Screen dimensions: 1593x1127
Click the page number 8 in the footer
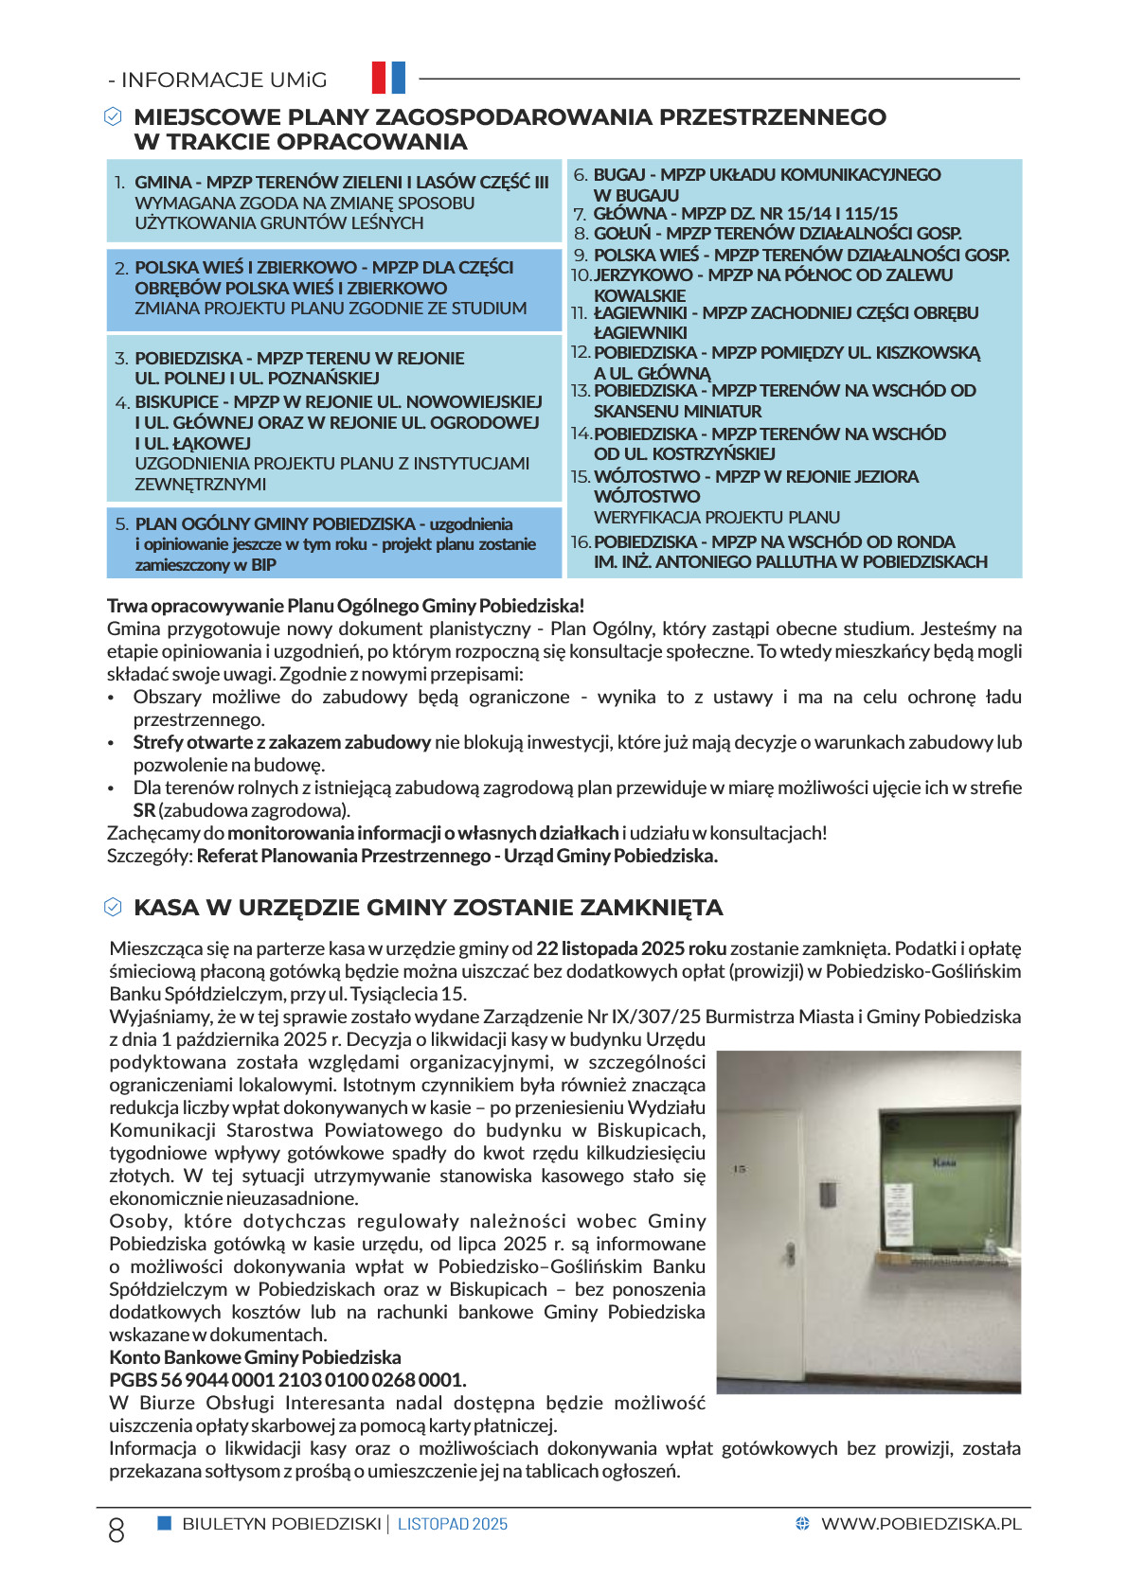click(116, 1531)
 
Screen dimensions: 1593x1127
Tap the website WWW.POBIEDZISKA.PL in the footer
click(921, 1524)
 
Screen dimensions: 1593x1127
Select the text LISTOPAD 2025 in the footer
click(453, 1525)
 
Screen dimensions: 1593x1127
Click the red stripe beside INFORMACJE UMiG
click(379, 78)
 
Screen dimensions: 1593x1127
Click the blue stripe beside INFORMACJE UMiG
click(398, 78)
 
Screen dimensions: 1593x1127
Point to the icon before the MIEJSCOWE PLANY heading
click(113, 116)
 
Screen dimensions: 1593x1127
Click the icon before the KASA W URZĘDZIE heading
click(113, 908)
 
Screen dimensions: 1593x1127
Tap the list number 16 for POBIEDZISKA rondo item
click(581, 542)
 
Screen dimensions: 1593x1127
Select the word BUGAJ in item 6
click(619, 175)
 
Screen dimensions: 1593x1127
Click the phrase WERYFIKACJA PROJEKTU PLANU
click(717, 518)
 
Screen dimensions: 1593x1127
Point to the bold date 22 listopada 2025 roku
click(631, 948)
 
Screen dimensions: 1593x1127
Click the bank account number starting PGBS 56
click(287, 1380)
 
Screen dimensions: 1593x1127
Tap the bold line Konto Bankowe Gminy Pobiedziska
click(255, 1357)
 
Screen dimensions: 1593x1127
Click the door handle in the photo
click(787, 1252)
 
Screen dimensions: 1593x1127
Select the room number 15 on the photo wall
click(740, 1170)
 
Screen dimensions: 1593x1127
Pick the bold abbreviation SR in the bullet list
click(144, 811)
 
